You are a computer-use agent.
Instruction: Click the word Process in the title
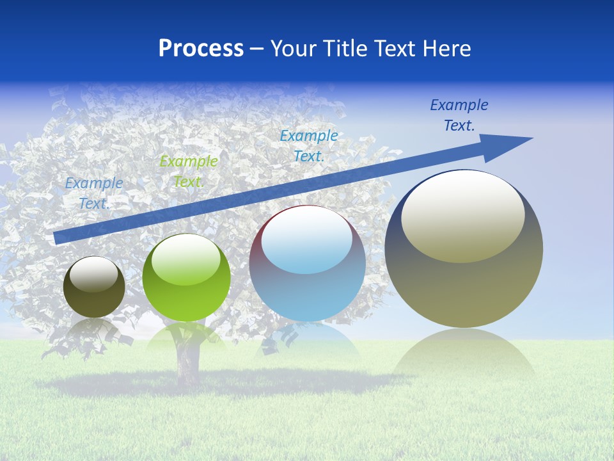201,49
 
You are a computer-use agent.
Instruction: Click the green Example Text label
188,172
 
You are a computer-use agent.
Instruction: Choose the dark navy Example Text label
459,115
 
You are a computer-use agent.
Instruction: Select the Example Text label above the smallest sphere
94,193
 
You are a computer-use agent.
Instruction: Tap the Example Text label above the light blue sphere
309,145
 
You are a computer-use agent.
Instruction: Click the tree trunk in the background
187,365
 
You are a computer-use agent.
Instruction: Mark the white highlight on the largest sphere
462,216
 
